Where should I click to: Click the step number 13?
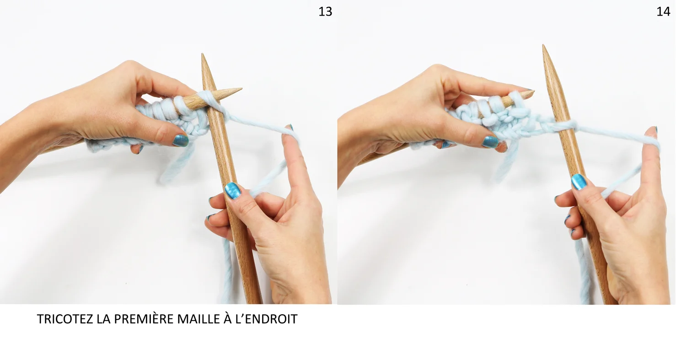pos(325,12)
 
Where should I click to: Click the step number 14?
pos(663,12)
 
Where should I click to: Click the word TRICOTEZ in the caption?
pos(65,319)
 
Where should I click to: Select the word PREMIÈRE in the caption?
pos(143,318)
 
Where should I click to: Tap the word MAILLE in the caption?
pos(199,319)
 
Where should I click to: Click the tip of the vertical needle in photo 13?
pos(203,54)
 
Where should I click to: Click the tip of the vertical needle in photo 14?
pos(543,45)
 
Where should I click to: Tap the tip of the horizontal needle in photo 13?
pos(241,89)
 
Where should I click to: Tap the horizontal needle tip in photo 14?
pos(534,91)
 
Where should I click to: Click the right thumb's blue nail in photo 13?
pos(233,191)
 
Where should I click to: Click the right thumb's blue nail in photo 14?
pos(579,182)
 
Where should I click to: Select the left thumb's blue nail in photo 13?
pos(181,140)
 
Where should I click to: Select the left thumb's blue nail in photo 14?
pos(490,141)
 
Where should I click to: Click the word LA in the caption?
pos(103,319)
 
